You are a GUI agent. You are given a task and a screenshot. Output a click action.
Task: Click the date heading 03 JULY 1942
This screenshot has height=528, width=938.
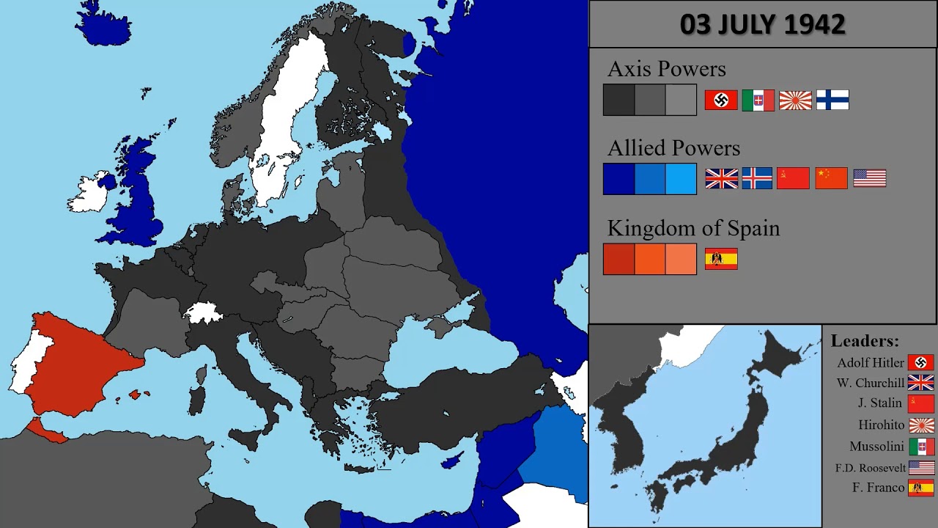(x=762, y=24)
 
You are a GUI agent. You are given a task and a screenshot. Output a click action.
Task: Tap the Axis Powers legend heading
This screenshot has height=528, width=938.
(x=666, y=69)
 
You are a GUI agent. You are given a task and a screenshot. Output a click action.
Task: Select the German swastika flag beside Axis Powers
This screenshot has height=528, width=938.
(x=721, y=100)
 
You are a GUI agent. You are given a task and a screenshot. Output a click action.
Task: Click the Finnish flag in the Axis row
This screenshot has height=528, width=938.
(x=832, y=100)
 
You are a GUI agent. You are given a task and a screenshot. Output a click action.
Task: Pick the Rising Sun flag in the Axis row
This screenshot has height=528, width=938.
(x=795, y=100)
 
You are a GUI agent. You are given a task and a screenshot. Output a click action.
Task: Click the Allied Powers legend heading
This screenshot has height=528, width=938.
(x=673, y=148)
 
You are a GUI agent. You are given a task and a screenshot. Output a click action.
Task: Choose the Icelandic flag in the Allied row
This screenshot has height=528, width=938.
(x=757, y=178)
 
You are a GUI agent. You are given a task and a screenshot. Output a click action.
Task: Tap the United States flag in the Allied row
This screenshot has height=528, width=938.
(x=870, y=178)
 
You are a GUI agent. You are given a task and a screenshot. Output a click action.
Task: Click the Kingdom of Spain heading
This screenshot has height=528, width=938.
(x=693, y=228)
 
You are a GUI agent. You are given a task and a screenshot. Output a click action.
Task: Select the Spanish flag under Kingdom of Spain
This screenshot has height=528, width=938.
(x=721, y=259)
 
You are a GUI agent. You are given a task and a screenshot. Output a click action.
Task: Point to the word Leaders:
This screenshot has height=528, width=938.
(x=865, y=341)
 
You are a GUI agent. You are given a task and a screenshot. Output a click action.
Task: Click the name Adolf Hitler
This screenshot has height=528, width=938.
(x=871, y=363)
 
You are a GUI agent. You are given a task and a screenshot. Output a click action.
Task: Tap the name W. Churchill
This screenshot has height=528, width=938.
(x=871, y=383)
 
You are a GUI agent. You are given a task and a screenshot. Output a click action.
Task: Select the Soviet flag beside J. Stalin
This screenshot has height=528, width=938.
(x=921, y=403)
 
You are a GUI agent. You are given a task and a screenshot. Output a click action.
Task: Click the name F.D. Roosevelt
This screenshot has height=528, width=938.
(x=871, y=468)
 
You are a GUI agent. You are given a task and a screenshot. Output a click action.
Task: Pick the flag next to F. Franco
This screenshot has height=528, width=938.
(x=921, y=488)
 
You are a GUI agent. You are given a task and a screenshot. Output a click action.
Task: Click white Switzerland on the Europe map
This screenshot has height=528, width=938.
(x=203, y=313)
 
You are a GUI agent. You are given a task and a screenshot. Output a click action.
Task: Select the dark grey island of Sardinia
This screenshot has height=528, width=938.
(x=196, y=400)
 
